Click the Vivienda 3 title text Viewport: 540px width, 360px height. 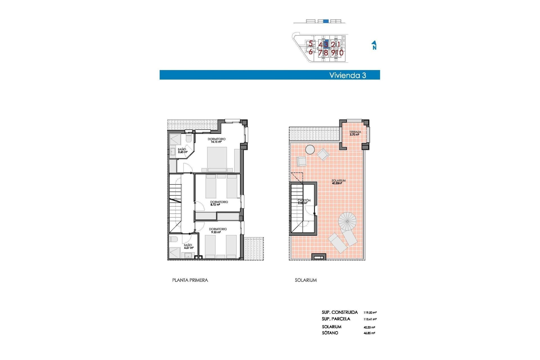[x=348, y=75]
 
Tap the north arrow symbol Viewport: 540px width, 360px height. [x=374, y=45]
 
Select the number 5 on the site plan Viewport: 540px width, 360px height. [x=310, y=44]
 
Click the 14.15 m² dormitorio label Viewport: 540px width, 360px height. [x=216, y=140]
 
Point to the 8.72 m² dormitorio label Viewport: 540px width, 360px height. [x=219, y=203]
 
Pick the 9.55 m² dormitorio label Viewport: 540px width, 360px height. [x=217, y=231]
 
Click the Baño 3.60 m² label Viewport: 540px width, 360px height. [x=182, y=151]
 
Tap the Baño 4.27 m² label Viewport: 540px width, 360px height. [x=188, y=246]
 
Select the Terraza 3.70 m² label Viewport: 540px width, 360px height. [x=355, y=133]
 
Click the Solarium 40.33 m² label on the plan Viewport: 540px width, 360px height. [x=338, y=182]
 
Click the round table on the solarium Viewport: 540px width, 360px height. [x=310, y=150]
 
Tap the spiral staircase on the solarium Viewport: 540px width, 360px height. [x=347, y=221]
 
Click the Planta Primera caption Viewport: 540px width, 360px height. [x=190, y=280]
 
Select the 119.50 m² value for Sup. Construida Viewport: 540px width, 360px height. [x=370, y=312]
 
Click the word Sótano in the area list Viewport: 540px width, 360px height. [x=330, y=333]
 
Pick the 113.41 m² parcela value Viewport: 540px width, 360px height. [x=370, y=319]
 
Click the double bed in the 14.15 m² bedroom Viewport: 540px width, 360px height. [x=217, y=159]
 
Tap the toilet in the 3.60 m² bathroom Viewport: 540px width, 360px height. [x=189, y=138]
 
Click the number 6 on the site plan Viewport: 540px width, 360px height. [x=310, y=52]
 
